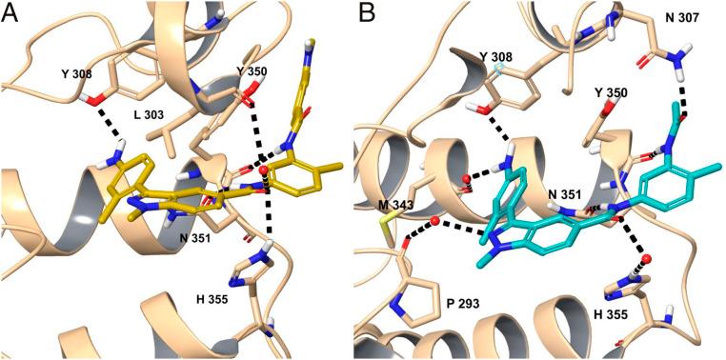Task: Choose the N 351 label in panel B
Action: [567, 196]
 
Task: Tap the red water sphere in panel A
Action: [264, 170]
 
